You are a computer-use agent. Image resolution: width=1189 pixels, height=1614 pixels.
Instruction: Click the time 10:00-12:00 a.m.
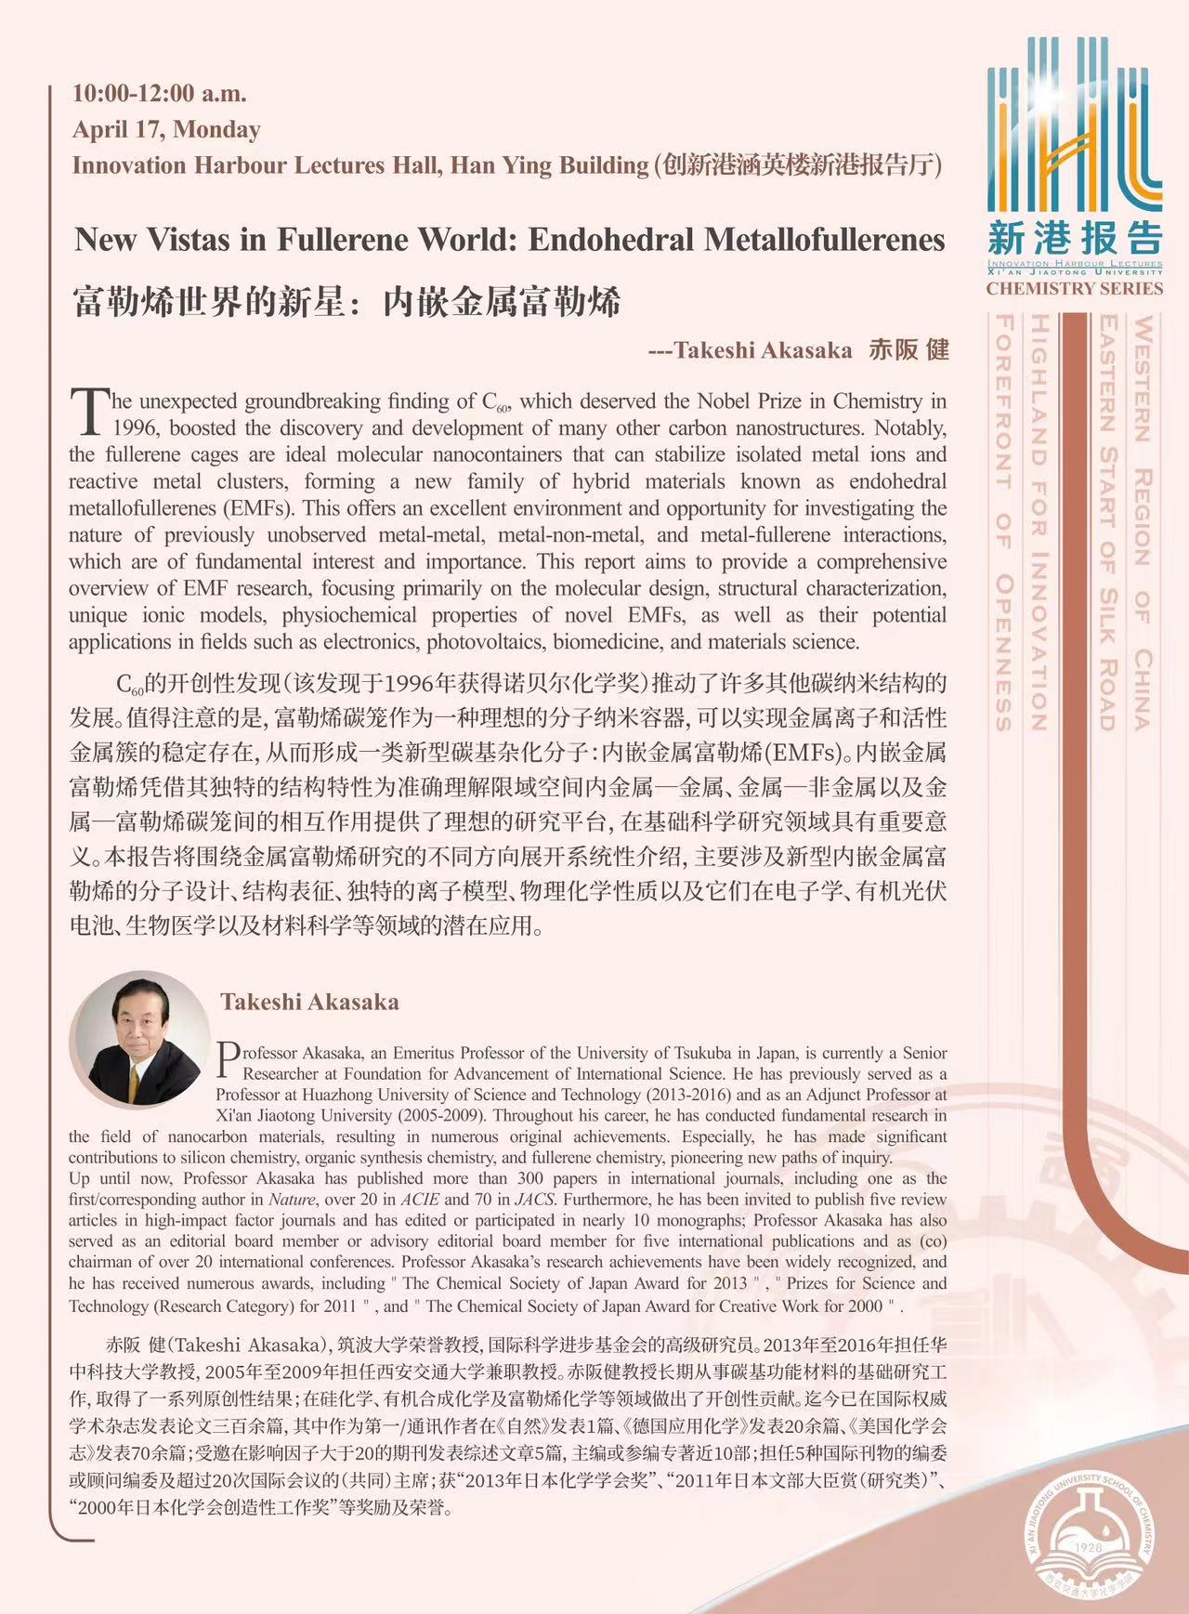[159, 93]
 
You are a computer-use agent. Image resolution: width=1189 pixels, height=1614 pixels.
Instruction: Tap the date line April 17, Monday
[166, 129]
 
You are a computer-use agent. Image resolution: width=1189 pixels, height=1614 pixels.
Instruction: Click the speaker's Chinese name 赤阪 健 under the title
[908, 349]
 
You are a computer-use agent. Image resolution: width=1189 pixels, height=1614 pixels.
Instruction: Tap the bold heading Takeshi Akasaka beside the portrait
[309, 1002]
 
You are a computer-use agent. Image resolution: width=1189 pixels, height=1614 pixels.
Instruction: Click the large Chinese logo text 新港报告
[1074, 238]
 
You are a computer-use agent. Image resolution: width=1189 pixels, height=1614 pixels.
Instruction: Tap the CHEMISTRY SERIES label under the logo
[1074, 289]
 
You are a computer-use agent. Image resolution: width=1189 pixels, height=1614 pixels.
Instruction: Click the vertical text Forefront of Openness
[1004, 520]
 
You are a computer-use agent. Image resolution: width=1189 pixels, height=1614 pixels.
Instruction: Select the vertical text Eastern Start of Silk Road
[1106, 520]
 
